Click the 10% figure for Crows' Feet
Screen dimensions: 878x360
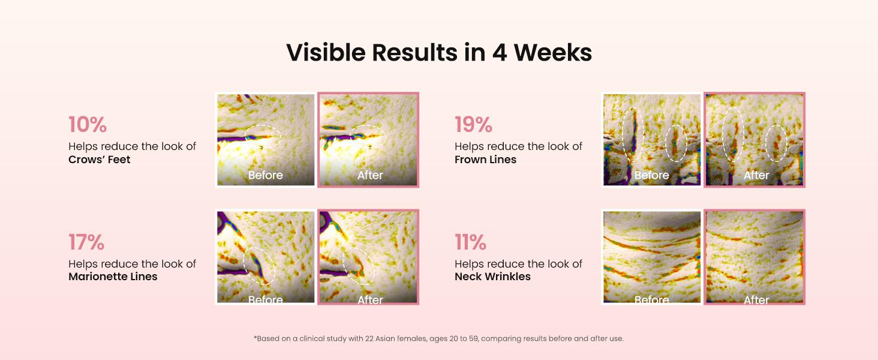point(88,125)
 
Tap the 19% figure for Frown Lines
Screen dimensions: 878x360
point(474,125)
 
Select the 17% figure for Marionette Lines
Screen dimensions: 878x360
point(86,242)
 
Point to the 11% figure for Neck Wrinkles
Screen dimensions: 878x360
point(470,242)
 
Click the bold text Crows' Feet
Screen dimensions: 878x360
point(99,160)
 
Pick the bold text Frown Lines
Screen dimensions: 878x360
point(485,160)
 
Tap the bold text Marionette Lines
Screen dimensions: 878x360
point(113,277)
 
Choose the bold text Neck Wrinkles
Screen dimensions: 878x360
point(492,277)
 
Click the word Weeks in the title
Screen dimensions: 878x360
point(553,53)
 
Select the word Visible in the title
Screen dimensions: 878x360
point(326,53)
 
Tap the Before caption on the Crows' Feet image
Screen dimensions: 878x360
point(265,175)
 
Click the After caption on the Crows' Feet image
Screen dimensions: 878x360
point(370,175)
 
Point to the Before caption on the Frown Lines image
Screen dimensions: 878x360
point(652,175)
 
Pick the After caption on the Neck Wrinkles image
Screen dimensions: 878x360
point(756,300)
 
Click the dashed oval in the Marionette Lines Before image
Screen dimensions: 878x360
point(244,263)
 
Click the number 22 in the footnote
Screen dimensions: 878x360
point(369,338)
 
